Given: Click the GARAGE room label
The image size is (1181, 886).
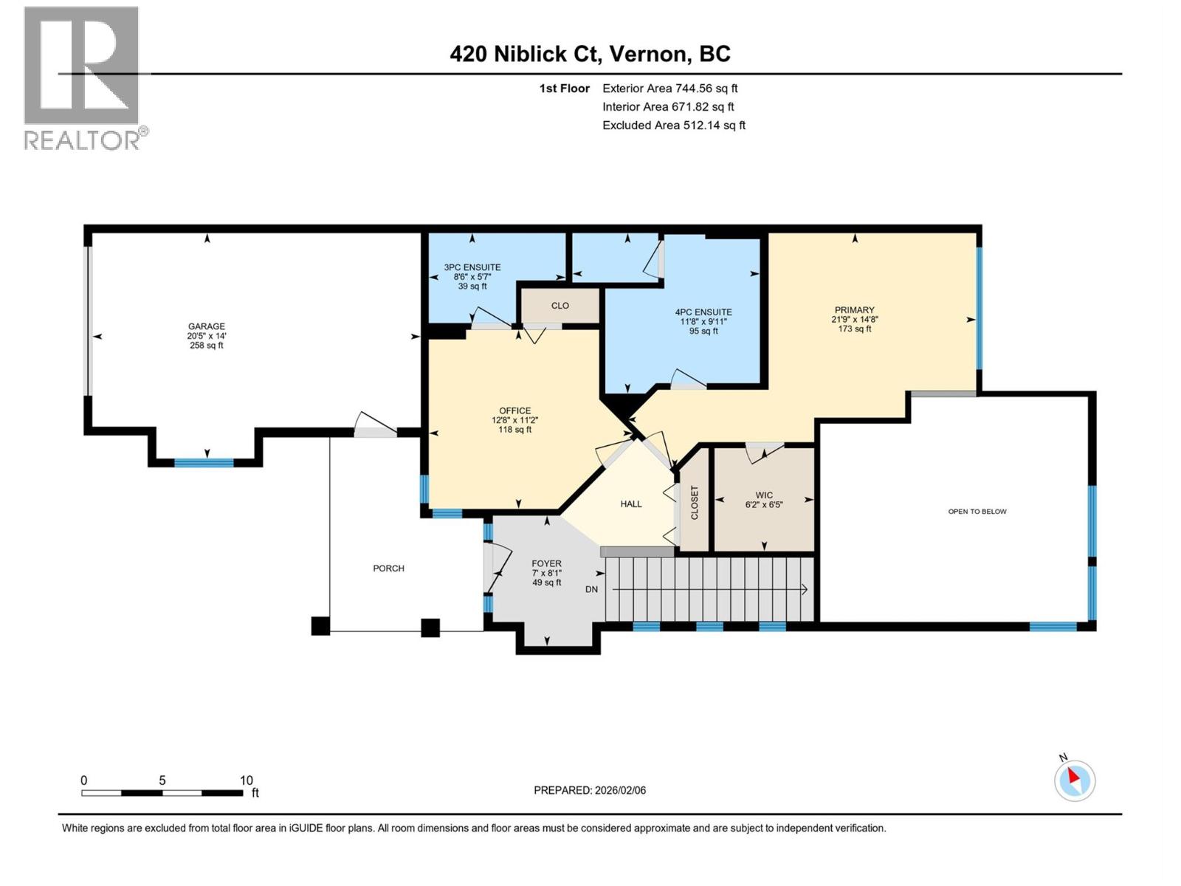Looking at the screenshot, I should coord(206,326).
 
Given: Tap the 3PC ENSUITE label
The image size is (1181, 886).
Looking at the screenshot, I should coord(472,267).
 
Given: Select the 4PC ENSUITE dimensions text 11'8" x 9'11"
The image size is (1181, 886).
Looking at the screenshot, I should coord(703,321).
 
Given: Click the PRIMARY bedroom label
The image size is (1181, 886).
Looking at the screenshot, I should coord(854,310).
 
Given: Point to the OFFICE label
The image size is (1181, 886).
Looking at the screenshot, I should coord(514,411).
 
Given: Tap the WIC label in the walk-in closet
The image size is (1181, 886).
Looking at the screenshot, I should coord(764,495).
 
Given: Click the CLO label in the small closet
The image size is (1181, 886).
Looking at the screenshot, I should coord(559,306).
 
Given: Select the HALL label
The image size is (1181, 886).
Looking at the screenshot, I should coord(630,504).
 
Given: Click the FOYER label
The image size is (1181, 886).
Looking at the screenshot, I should coord(546,563).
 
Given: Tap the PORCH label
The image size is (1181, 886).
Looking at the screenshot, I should coord(388,568).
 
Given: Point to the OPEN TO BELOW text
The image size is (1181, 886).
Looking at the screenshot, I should coord(977,511).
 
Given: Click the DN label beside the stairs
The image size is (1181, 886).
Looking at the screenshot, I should coord(591,589).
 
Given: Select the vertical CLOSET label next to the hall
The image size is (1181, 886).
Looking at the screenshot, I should coord(694,503).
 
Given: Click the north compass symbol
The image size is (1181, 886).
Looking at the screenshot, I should coord(1074,780).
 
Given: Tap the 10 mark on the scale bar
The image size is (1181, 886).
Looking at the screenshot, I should coord(247,780).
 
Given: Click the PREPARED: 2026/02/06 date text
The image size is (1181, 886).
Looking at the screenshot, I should coord(589,790).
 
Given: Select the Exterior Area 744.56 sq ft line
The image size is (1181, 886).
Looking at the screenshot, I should coord(669,88).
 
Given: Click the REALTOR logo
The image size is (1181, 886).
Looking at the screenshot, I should coord(83,78).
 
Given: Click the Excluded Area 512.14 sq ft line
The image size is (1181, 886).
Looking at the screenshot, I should coord(673,125).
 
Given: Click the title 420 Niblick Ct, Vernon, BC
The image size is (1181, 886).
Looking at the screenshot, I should coord(590,54).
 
